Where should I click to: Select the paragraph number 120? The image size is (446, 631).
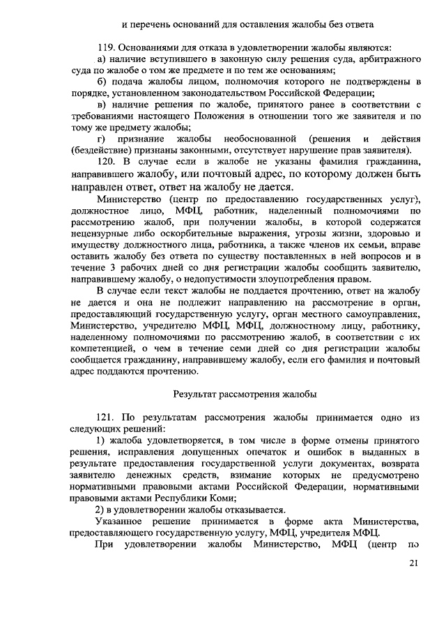tap(107, 161)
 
